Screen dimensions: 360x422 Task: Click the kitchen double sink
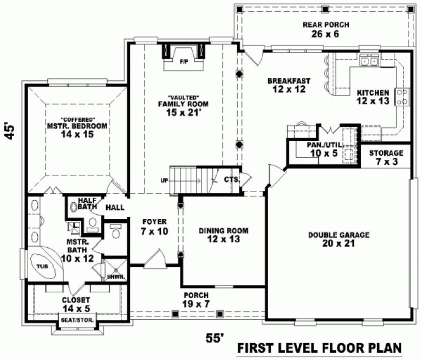click(x=371, y=61)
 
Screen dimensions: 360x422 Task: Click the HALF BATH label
click(x=87, y=204)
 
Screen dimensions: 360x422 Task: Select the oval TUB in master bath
click(x=42, y=267)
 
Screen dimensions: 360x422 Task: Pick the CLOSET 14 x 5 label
click(x=76, y=304)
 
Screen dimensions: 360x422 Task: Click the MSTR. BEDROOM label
click(x=76, y=127)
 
